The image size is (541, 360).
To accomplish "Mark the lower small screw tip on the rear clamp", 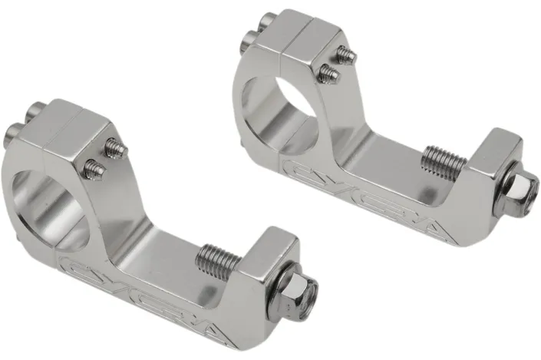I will point(328,72).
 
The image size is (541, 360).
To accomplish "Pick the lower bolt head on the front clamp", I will point(15,131).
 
